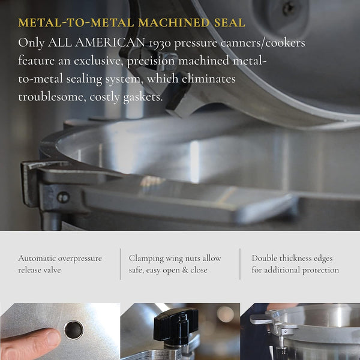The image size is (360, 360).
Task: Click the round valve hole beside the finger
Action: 73,329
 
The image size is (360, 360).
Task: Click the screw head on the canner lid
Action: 289,8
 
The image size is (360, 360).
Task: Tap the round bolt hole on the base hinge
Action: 63,197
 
